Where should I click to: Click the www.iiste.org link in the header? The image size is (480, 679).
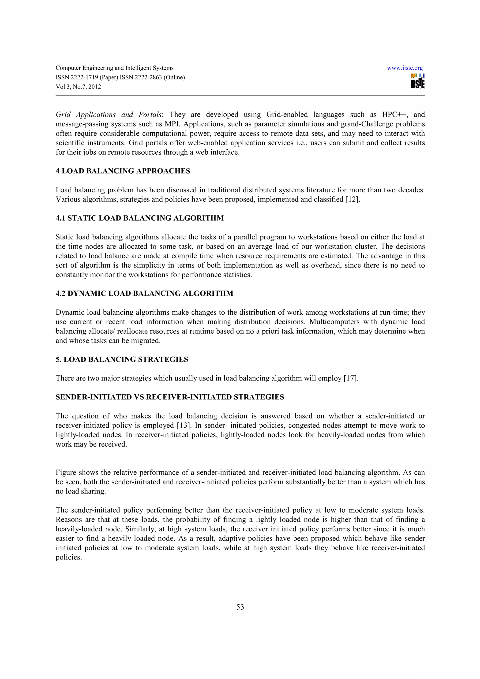coord(405,68)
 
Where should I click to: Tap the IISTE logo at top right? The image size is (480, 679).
coord(418,81)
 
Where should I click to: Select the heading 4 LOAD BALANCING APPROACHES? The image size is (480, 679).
coord(123,171)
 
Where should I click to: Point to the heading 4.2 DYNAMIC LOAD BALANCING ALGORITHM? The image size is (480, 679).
coord(144,293)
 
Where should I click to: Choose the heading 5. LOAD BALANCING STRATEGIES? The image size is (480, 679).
coord(122,359)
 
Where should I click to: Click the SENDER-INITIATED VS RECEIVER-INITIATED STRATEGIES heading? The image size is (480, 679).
coord(170,397)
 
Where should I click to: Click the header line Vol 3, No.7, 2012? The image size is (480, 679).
coord(78,87)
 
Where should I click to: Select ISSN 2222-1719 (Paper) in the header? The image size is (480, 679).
coord(87,78)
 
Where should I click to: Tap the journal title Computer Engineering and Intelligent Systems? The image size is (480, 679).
coord(114,68)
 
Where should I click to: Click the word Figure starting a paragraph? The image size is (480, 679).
coord(66,472)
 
